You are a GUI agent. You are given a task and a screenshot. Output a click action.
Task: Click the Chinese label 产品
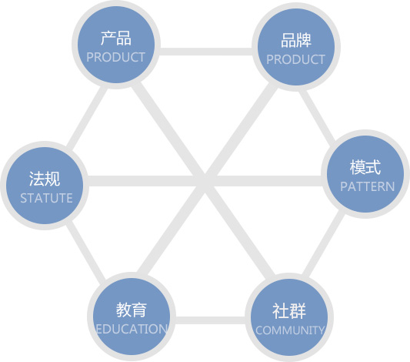click(x=116, y=39)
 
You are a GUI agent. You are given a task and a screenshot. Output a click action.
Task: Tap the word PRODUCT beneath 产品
click(x=116, y=57)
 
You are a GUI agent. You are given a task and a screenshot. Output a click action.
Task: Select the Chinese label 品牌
click(x=296, y=40)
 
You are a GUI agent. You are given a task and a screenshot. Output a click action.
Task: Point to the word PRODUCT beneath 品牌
click(x=295, y=59)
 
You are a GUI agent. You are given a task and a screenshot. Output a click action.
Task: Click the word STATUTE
click(x=47, y=198)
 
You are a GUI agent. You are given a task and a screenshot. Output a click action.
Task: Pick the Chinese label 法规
click(x=45, y=179)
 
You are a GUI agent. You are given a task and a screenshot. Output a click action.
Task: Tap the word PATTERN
click(x=368, y=186)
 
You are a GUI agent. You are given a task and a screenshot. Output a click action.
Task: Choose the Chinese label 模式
click(x=365, y=167)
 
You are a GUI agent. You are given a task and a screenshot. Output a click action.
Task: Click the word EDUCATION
click(x=132, y=329)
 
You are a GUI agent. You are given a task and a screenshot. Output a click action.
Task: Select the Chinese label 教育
click(x=132, y=310)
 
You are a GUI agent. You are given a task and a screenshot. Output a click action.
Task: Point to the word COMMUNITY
click(x=290, y=330)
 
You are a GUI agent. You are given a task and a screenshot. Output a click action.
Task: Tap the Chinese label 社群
click(x=289, y=311)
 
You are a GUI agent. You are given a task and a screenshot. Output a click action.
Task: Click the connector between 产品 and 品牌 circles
click(x=206, y=52)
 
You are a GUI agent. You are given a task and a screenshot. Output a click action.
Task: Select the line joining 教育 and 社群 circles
click(x=211, y=320)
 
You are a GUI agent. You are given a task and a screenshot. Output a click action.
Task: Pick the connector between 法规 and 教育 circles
click(x=85, y=253)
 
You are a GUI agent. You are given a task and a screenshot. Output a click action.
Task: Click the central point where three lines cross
click(x=205, y=181)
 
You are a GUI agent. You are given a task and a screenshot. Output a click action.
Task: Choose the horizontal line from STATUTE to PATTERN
click(x=205, y=181)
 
